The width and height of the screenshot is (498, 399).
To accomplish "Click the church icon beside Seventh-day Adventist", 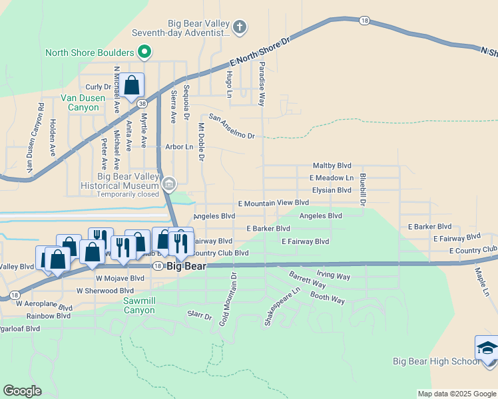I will point(240,27).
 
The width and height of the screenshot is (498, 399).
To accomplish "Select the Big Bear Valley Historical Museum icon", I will point(169,184).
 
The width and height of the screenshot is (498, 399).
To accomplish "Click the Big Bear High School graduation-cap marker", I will point(486,348).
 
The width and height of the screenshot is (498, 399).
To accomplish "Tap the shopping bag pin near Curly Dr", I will point(132,85).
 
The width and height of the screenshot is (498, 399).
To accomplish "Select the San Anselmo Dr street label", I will point(232,126).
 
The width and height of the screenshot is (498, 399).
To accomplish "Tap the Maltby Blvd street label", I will point(332,166).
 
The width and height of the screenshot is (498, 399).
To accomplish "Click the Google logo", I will point(22,391).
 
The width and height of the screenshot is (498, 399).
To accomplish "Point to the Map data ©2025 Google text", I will point(456,394).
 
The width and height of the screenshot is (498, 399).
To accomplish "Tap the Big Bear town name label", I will point(186,266).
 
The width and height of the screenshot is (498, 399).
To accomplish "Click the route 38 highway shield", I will point(142,104).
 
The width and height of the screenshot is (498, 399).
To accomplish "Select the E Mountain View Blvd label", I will point(274,202).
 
